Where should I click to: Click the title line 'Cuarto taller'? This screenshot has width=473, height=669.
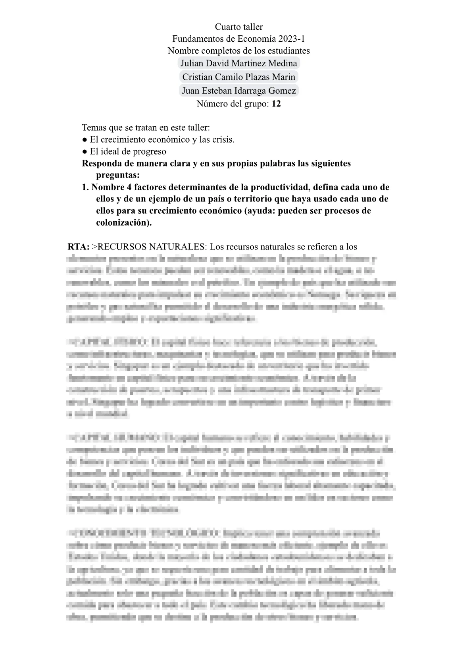click(x=238, y=27)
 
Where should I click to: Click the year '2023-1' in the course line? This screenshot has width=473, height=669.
click(x=292, y=39)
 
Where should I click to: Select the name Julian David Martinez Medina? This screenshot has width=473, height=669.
click(x=238, y=63)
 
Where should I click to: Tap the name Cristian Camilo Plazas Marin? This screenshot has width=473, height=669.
click(x=238, y=77)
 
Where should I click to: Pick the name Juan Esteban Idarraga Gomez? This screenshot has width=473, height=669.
click(x=238, y=91)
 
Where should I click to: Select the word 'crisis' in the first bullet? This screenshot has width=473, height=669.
click(x=222, y=140)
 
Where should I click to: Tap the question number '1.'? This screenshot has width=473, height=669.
click(x=85, y=187)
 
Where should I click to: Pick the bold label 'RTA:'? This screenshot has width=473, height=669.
click(x=79, y=247)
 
